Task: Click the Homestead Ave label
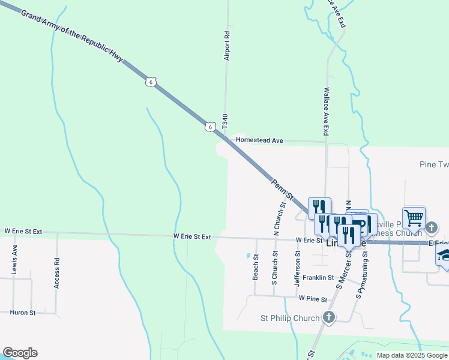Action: tap(259, 140)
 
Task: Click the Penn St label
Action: tap(282, 188)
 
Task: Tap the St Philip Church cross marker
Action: tap(328, 317)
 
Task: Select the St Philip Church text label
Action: tap(290, 317)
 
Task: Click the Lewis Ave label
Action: tap(14, 259)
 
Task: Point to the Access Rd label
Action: tap(57, 273)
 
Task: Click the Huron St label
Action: tap(23, 313)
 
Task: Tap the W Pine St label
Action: tap(312, 298)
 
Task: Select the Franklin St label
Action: tap(318, 277)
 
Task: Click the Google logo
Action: tap(20, 353)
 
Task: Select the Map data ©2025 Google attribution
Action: tap(412, 355)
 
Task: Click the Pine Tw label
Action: tap(433, 164)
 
